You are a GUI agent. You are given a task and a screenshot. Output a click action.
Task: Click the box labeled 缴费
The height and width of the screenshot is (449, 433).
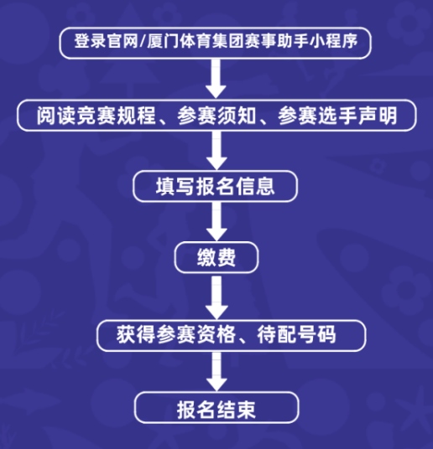pos(216,257)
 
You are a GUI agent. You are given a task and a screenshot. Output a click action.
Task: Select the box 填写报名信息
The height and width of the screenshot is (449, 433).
pos(215,186)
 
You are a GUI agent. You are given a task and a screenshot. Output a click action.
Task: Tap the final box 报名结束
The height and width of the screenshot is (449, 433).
pos(216,407)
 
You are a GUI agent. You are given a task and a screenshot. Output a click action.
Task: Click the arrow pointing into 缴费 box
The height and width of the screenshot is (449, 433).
pos(216,221)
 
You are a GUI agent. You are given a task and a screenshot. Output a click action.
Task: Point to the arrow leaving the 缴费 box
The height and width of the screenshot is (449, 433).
pos(216,297)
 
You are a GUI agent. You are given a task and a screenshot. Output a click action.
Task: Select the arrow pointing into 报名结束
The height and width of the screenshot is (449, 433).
pos(216,371)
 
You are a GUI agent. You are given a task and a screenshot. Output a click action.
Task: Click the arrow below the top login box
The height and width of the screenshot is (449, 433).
pos(216,79)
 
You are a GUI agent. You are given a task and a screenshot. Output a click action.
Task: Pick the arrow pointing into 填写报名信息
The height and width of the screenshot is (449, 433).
pos(216,150)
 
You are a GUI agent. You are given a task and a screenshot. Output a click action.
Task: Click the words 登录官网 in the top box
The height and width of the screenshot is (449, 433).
pos(107,41)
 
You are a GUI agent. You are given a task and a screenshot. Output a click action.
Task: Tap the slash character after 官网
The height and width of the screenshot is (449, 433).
pos(143,42)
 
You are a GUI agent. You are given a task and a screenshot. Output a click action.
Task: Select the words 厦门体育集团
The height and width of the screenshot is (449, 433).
pos(196,41)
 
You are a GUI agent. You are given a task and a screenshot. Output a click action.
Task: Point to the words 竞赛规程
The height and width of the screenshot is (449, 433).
pos(116,116)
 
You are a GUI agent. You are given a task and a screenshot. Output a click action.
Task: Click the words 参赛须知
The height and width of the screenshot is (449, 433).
pos(216,116)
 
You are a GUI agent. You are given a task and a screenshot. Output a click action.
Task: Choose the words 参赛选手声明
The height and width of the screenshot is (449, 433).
pos(337,116)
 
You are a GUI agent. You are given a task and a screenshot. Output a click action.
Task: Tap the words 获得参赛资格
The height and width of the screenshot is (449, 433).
pos(176,334)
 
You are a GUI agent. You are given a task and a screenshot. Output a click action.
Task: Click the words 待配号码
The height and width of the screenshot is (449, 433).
pos(296,334)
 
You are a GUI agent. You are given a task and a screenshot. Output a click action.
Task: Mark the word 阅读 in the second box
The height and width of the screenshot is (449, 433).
pos(56,116)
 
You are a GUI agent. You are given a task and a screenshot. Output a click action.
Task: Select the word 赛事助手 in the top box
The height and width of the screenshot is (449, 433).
pos(276,41)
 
